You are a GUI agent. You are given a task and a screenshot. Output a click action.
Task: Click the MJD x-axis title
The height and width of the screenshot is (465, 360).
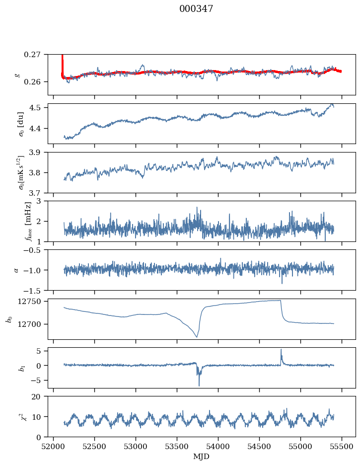pyautogui.click(x=201, y=457)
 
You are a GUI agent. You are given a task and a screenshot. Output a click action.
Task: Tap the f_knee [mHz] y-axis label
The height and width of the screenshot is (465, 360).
pyautogui.click(x=28, y=221)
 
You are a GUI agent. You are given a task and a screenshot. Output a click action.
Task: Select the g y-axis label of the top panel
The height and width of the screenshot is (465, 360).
pyautogui.click(x=17, y=75)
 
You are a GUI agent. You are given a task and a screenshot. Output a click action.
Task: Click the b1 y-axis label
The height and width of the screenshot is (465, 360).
pyautogui.click(x=8, y=368)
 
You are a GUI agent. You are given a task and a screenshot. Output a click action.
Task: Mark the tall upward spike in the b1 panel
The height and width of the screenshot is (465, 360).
pyautogui.click(x=281, y=350)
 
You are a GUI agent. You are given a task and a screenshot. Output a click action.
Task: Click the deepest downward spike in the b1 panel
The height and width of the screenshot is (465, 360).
pyautogui.click(x=199, y=385)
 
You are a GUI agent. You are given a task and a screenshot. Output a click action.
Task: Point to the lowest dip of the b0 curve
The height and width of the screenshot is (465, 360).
pyautogui.click(x=197, y=337)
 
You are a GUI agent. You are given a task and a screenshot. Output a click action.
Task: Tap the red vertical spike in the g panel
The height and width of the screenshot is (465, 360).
pyautogui.click(x=62, y=62)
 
